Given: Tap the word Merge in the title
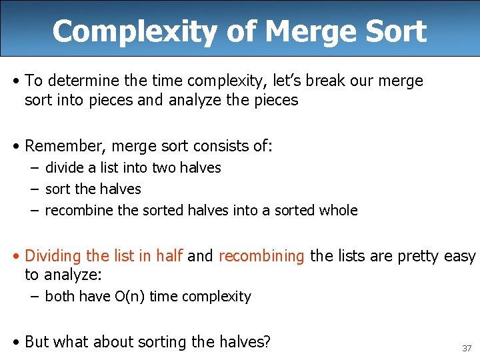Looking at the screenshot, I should [x=296, y=31].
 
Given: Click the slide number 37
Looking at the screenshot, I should [x=466, y=348].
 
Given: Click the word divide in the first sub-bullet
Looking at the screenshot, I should [x=64, y=167].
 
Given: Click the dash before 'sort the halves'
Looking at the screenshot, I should [x=33, y=189].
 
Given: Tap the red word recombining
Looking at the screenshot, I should [x=261, y=256].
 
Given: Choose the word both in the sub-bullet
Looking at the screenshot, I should [x=60, y=296].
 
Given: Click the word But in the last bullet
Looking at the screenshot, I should [x=37, y=342].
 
